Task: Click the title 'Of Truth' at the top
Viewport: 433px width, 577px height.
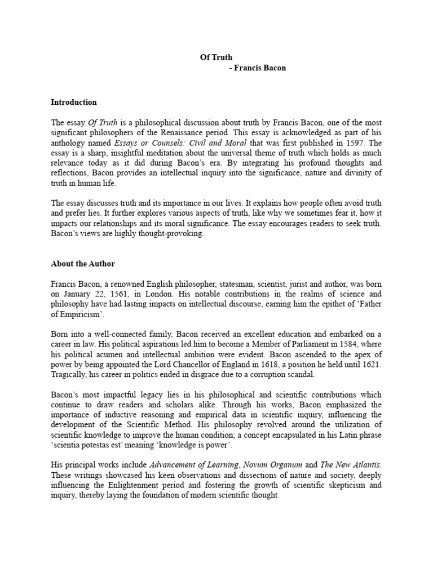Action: coord(216,57)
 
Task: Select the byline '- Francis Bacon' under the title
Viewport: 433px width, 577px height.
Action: coord(258,68)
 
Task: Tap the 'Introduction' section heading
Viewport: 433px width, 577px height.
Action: coord(74,102)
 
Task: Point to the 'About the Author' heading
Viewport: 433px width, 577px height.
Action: coord(82,263)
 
